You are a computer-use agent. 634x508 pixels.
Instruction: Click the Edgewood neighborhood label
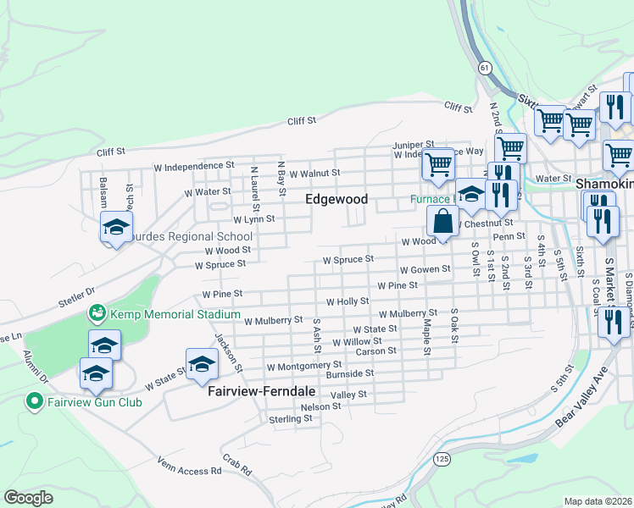click(x=336, y=200)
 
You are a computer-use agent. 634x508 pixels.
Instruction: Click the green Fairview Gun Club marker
click(x=36, y=401)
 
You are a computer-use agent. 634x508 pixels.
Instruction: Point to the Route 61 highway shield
click(x=483, y=66)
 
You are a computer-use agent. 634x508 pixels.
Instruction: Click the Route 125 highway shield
click(x=441, y=458)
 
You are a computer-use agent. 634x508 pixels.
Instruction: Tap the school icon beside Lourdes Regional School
click(x=116, y=226)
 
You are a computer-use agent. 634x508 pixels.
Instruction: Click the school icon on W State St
click(x=202, y=363)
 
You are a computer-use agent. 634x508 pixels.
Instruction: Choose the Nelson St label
click(x=321, y=406)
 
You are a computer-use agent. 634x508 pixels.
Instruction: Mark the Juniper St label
click(x=413, y=145)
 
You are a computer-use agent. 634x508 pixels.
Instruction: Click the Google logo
click(x=28, y=498)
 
